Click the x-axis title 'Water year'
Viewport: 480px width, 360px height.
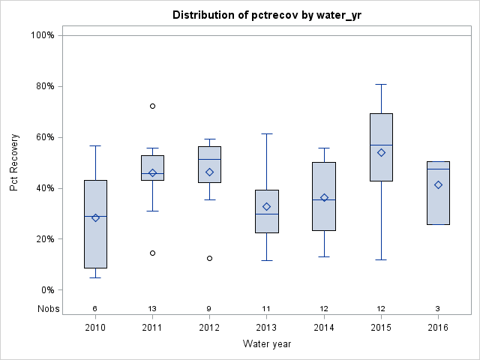pos(266,343)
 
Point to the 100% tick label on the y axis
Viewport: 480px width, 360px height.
pos(42,35)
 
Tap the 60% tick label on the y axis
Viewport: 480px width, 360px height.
pos(44,137)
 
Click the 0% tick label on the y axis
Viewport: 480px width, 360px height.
pos(46,290)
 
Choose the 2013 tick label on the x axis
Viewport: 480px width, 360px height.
pos(267,327)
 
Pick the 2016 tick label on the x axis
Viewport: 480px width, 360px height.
pos(438,327)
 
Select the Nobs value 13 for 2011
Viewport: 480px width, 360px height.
pos(152,308)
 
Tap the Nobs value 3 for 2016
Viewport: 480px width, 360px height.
pos(438,308)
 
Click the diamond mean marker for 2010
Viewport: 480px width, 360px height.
pos(95,217)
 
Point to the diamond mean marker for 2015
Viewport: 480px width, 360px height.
pos(381,152)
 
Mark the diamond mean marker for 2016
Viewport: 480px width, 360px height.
pos(438,184)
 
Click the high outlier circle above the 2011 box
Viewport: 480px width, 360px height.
pos(152,106)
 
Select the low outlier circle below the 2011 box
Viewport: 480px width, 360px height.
pos(152,253)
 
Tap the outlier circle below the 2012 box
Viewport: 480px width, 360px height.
pos(209,258)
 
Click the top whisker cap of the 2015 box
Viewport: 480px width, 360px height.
pos(381,85)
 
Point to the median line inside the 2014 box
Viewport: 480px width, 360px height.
pos(324,200)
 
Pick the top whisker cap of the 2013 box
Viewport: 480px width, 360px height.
pos(267,133)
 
